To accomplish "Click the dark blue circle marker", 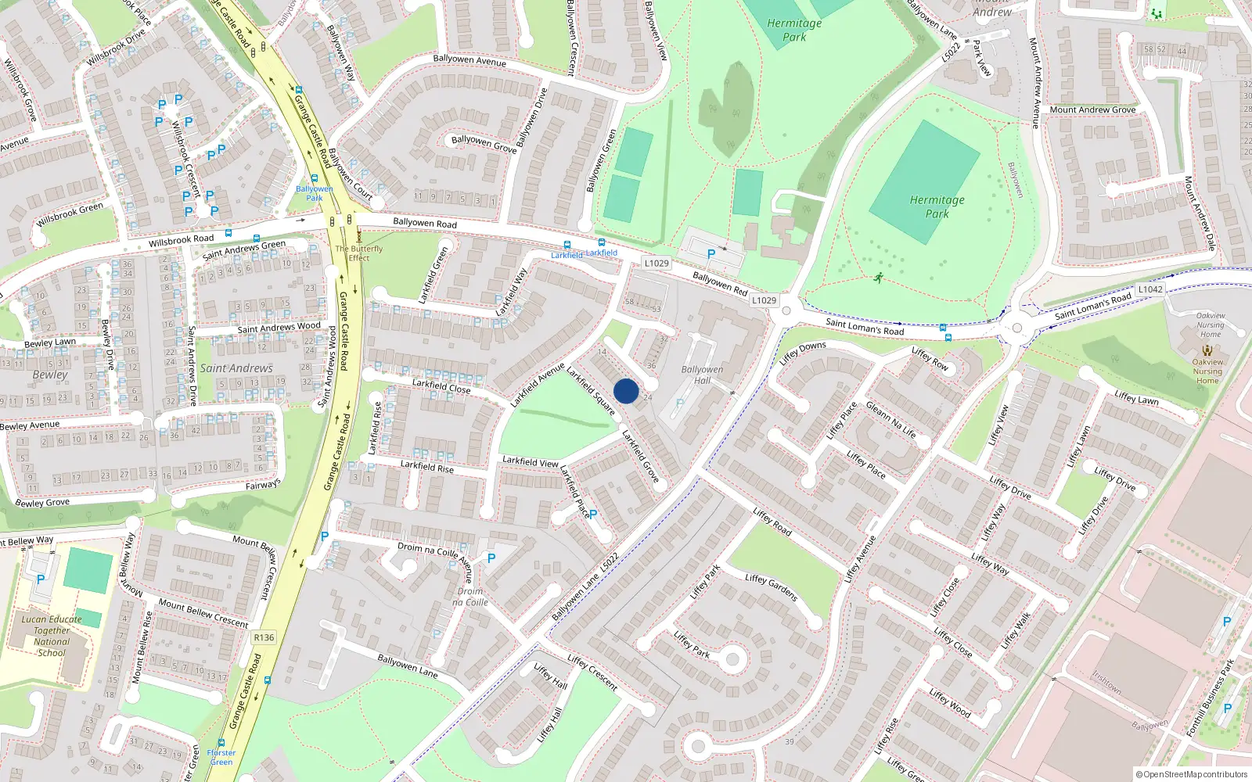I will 626,391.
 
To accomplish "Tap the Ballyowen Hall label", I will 702,375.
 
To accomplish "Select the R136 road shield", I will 264,637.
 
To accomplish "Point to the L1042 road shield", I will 1149,289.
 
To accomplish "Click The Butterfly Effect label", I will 359,253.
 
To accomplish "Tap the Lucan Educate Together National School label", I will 52,636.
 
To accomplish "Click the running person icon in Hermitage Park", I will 879,277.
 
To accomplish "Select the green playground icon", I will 1156,14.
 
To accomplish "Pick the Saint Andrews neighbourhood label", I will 236,368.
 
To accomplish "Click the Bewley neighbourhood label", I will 50,375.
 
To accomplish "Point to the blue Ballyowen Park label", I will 315,193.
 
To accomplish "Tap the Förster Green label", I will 221,757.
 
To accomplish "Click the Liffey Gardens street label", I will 771,587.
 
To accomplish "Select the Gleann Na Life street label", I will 890,419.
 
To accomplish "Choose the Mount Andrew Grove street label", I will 1092,110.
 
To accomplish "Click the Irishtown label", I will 1106,683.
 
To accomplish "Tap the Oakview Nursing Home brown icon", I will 1207,350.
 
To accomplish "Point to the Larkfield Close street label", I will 441,386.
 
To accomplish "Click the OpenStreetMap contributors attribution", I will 1192,774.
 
